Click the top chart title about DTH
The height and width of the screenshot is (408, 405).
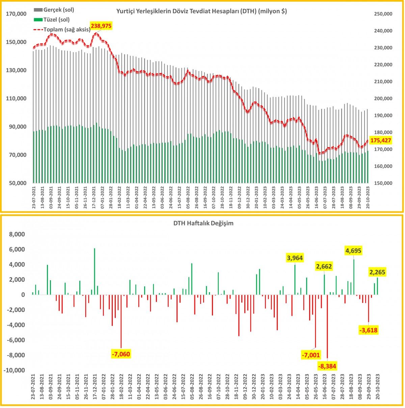[x=201, y=11]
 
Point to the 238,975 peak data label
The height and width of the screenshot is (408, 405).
[x=101, y=26]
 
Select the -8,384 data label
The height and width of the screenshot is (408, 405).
[x=327, y=366]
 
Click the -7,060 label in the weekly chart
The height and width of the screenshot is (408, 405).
[x=120, y=354]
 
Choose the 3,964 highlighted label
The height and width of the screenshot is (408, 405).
[x=295, y=258]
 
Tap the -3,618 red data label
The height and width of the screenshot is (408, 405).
[x=368, y=330]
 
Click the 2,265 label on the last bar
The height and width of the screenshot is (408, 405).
[x=377, y=272]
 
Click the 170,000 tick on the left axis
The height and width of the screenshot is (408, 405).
[x=17, y=14]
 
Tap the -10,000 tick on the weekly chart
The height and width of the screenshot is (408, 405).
[x=14, y=370]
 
